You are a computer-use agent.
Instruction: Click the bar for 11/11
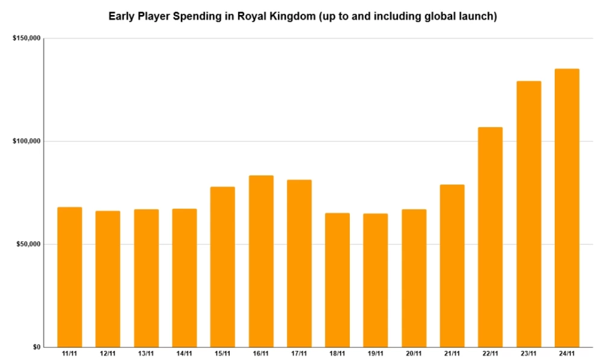(x=69, y=277)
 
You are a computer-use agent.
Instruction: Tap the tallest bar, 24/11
(x=567, y=208)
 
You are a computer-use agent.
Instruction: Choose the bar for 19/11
(x=376, y=280)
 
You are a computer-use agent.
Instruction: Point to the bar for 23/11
(x=528, y=214)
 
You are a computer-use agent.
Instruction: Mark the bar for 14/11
(x=185, y=278)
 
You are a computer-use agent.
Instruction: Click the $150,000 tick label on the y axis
(x=26, y=39)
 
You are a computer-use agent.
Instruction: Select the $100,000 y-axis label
(x=26, y=141)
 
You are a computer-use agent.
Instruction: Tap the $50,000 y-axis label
(x=28, y=244)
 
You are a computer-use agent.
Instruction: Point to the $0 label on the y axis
(x=36, y=347)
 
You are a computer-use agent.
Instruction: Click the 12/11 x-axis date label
(x=107, y=353)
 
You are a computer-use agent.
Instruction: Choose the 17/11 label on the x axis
(x=299, y=353)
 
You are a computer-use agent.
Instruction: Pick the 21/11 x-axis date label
(x=452, y=353)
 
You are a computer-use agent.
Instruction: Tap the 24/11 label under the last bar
(x=567, y=353)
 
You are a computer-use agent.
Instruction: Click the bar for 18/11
(x=337, y=280)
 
